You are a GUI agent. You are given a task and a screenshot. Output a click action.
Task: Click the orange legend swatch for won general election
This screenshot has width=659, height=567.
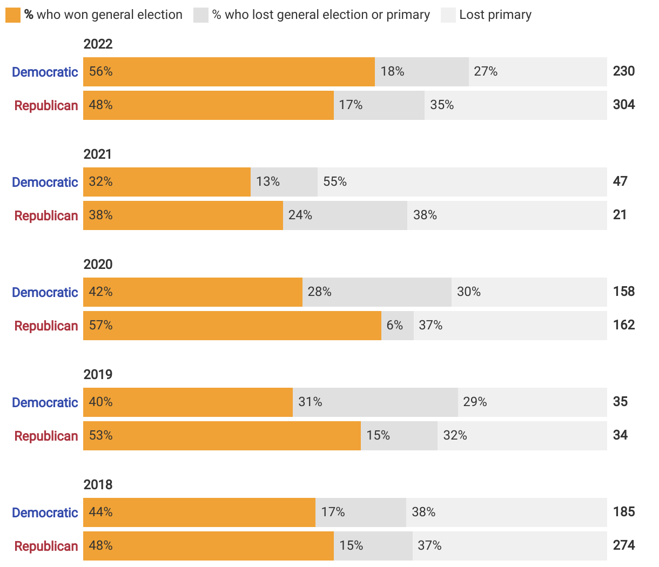(x=12, y=15)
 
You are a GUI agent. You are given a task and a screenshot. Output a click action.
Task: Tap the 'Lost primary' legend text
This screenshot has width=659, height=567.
(x=495, y=15)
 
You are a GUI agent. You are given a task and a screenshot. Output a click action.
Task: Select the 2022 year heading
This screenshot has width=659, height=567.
(x=98, y=44)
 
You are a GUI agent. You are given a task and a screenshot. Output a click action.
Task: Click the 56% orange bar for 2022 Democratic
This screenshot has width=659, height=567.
(x=228, y=72)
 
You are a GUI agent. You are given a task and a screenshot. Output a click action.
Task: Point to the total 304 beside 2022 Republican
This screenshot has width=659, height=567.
(x=623, y=105)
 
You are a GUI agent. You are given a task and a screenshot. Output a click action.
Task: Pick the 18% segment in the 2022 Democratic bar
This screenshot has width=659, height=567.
(x=421, y=72)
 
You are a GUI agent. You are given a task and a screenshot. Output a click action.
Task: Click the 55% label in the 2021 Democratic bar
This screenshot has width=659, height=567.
(x=335, y=182)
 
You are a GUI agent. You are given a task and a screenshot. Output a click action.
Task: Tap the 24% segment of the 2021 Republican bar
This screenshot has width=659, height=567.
(x=345, y=215)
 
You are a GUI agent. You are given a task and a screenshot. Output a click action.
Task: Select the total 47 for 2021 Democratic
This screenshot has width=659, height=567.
(x=620, y=181)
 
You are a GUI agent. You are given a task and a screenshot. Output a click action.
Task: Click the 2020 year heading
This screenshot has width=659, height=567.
(x=98, y=265)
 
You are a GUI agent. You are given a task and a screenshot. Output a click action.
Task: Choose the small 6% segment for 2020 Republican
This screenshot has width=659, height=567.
(x=397, y=326)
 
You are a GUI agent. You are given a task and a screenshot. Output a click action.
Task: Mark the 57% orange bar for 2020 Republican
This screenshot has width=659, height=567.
(x=232, y=326)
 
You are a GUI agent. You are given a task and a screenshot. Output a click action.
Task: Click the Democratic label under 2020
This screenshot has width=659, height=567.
(x=45, y=293)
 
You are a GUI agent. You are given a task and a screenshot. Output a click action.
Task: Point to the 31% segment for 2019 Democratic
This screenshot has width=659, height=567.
(x=375, y=402)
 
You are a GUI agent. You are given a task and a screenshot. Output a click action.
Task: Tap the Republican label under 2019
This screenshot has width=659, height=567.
(x=46, y=436)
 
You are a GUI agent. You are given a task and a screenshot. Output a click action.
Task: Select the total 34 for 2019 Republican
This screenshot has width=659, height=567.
(x=620, y=435)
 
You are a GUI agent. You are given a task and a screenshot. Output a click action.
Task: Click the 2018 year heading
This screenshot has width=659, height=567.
(x=98, y=485)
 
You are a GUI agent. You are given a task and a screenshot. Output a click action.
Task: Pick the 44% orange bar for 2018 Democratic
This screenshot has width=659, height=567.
(x=199, y=512)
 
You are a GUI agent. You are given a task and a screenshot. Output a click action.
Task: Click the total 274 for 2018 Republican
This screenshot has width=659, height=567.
(x=623, y=545)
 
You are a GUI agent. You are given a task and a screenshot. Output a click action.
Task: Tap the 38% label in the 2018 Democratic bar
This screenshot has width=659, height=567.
(x=423, y=512)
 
